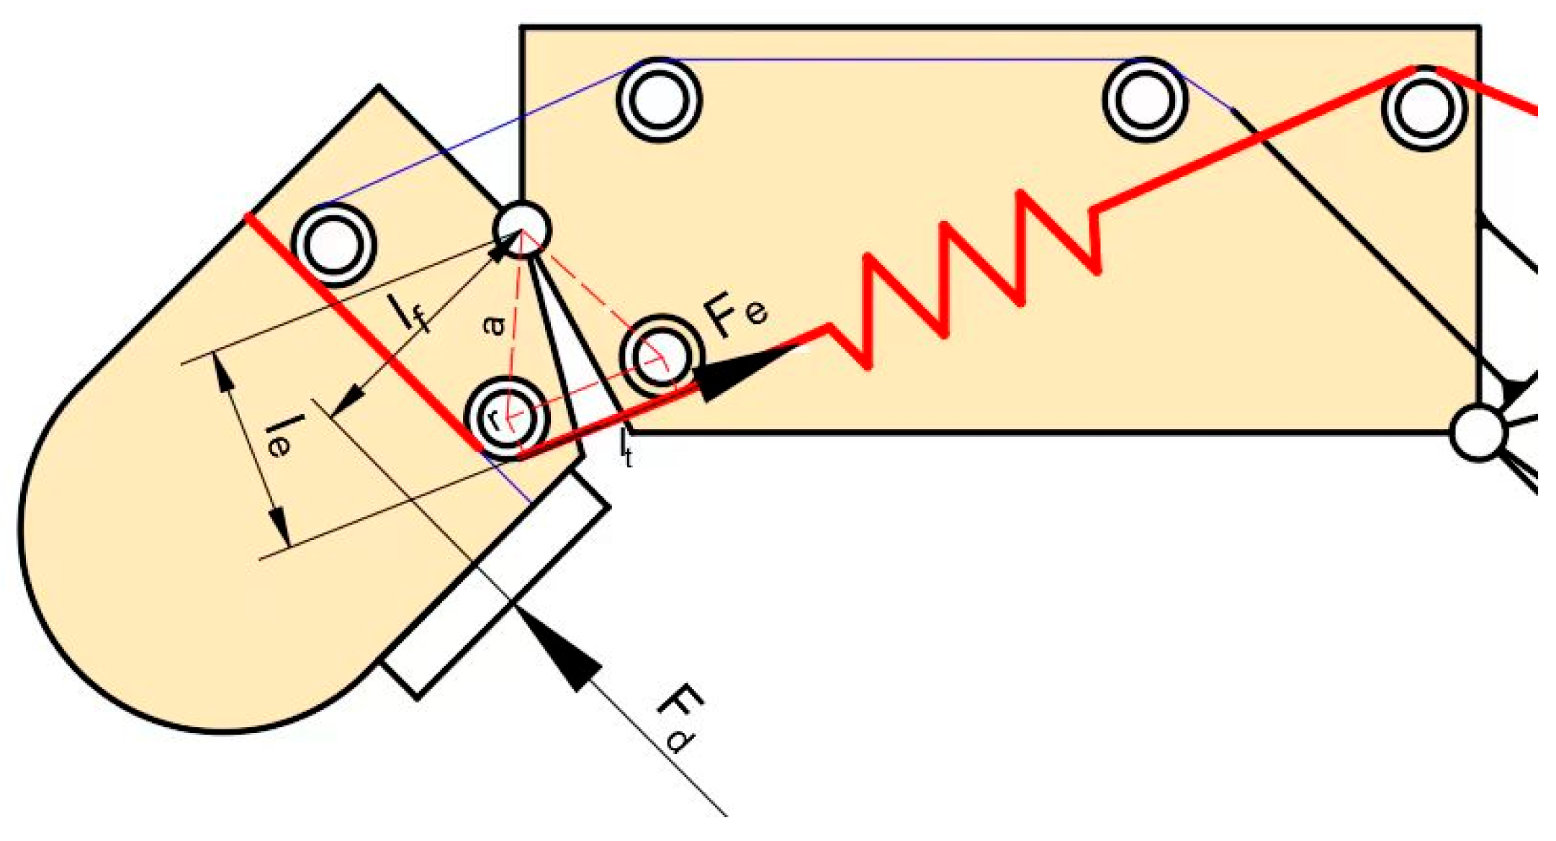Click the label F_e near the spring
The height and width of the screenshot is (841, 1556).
pyautogui.click(x=737, y=317)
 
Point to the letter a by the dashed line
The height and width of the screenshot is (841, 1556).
pyautogui.click(x=493, y=326)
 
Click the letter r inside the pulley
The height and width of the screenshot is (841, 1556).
pyautogui.click(x=493, y=419)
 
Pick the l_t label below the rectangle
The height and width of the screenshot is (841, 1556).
pyautogui.click(x=626, y=449)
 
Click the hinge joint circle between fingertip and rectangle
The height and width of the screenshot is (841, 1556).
pyautogui.click(x=522, y=229)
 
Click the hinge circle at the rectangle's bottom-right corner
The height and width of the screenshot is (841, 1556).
pyautogui.click(x=1478, y=432)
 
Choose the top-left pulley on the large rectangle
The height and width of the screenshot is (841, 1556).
pyautogui.click(x=658, y=99)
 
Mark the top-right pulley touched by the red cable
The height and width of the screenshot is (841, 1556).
pyautogui.click(x=1423, y=108)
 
